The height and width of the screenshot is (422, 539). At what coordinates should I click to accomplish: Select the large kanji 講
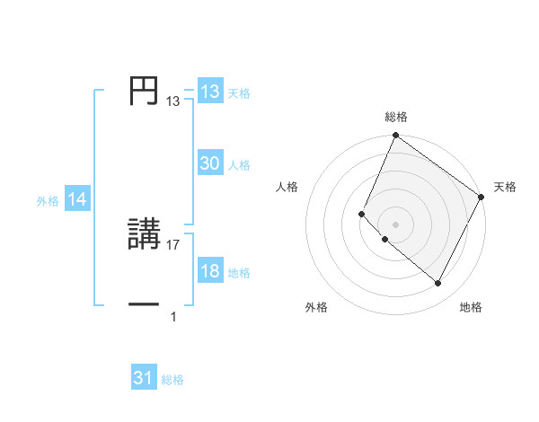(145, 236)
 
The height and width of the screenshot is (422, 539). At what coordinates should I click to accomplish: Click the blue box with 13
(209, 92)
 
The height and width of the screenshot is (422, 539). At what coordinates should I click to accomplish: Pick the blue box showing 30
(209, 163)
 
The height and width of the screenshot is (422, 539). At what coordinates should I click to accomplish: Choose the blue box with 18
(209, 272)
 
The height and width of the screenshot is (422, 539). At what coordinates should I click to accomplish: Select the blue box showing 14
(77, 200)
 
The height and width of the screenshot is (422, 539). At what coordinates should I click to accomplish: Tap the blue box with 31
(144, 378)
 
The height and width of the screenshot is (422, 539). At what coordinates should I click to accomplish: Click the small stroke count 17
(173, 245)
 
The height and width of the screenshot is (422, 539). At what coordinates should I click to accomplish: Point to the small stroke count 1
(173, 317)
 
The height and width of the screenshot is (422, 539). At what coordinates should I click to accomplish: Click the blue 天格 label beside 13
(239, 93)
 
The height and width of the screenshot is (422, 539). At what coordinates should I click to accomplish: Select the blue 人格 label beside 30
(239, 165)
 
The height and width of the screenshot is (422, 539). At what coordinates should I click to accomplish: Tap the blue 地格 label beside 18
(239, 273)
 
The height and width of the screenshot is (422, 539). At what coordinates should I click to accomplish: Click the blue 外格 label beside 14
(48, 201)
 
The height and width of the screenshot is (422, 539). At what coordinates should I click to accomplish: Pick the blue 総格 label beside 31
(172, 380)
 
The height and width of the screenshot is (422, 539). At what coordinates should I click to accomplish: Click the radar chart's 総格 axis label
(396, 117)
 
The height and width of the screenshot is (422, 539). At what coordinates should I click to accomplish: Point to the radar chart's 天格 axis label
(505, 187)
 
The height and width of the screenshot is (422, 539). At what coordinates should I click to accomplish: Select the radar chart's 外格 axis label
(316, 307)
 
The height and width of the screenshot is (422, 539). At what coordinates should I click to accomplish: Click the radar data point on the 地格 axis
(438, 284)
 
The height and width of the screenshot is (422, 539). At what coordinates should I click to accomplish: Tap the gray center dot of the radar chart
(395, 224)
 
